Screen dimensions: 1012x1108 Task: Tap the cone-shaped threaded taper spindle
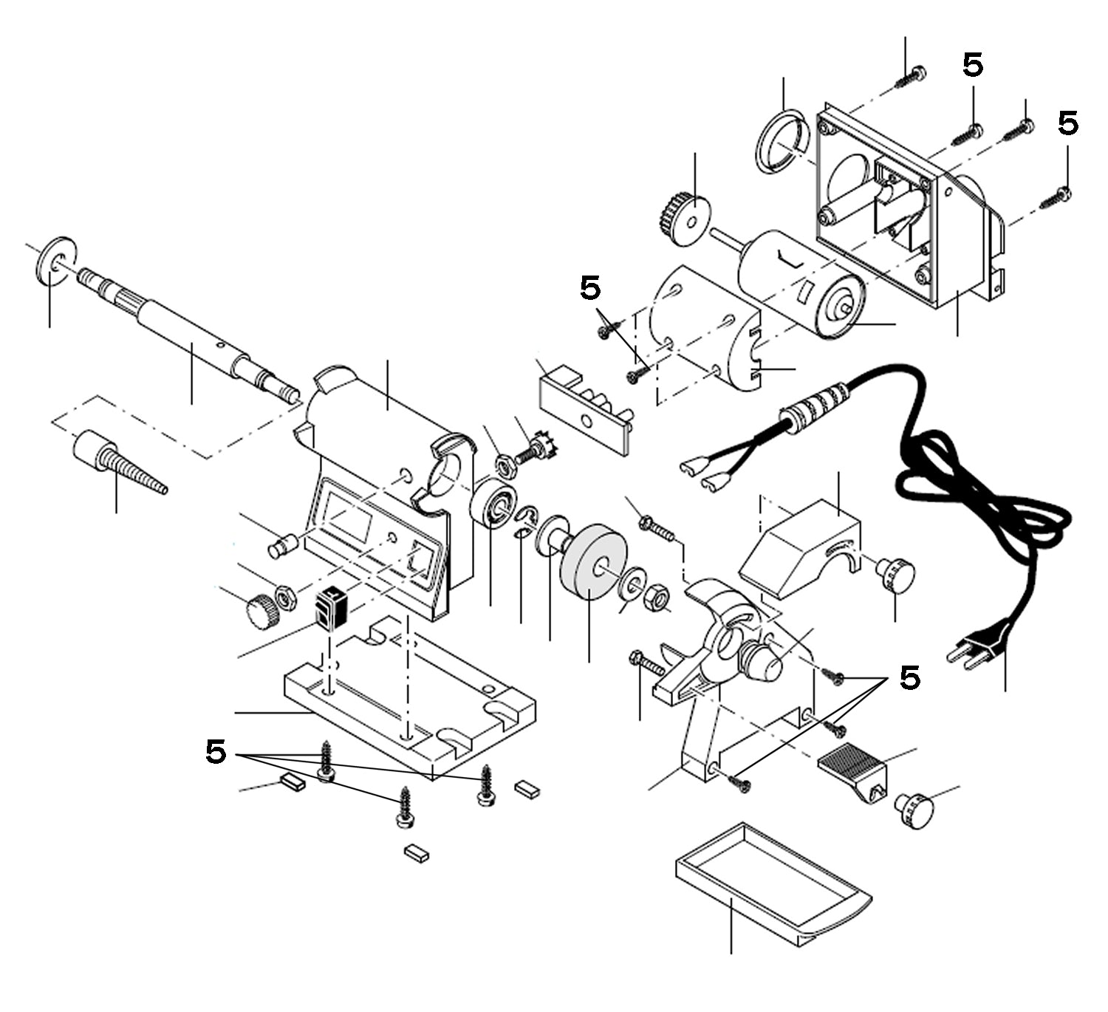coord(118,464)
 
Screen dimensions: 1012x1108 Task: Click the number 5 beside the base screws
coord(215,753)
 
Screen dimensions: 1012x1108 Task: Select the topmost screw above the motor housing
coord(910,77)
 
